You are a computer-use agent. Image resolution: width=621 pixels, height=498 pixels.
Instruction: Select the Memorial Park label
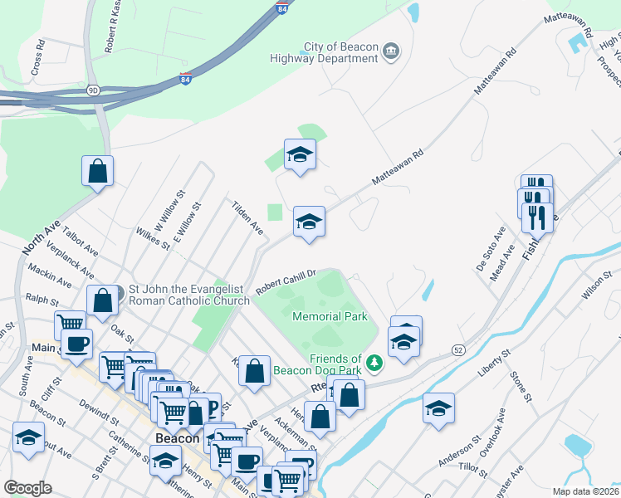point(330,316)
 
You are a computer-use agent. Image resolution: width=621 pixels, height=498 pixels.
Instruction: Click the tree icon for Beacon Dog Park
point(374,363)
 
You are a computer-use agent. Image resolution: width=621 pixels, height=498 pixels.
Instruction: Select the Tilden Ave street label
point(247,217)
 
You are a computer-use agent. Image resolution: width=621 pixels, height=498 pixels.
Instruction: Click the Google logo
point(27,487)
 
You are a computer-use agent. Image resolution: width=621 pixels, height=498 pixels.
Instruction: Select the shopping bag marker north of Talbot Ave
point(97,171)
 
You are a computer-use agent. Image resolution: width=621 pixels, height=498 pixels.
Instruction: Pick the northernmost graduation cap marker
point(300,154)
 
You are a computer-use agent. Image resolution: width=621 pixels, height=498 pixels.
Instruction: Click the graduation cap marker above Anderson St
point(438,408)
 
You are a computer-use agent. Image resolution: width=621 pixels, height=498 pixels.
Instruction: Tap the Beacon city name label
point(178,438)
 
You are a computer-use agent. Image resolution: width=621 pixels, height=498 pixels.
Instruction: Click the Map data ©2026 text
point(585,491)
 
